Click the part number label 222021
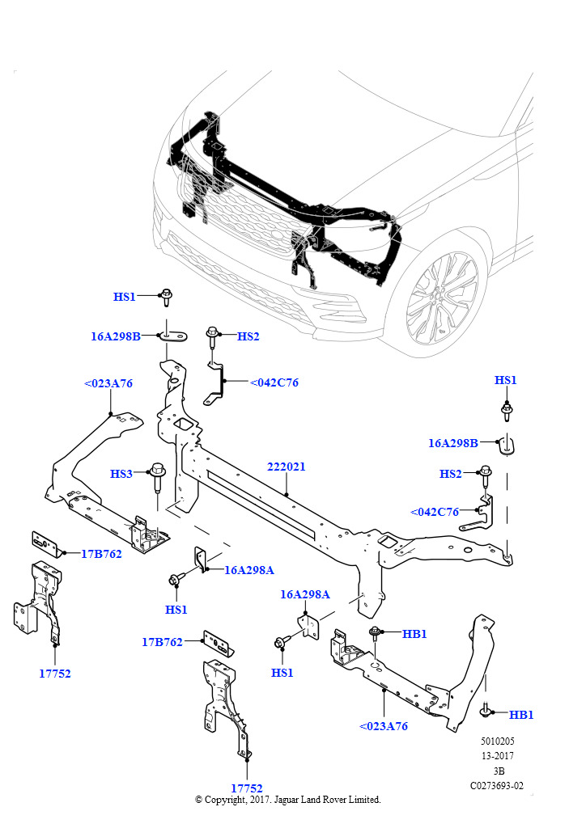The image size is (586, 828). pyautogui.click(x=286, y=467)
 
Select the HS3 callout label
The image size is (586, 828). pyautogui.click(x=121, y=474)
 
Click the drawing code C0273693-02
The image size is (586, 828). pyautogui.click(x=497, y=786)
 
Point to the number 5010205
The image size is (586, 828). pyautogui.click(x=497, y=741)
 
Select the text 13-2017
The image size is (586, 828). pyautogui.click(x=497, y=756)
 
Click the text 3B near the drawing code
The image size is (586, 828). pyautogui.click(x=499, y=771)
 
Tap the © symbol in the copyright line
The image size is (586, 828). pyautogui.click(x=198, y=800)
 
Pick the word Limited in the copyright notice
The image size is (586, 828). pyautogui.click(x=364, y=800)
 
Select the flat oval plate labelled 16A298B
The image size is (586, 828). pyautogui.click(x=173, y=336)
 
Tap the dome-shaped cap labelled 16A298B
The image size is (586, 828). pyautogui.click(x=507, y=445)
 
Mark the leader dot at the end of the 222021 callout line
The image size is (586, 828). pyautogui.click(x=286, y=495)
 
